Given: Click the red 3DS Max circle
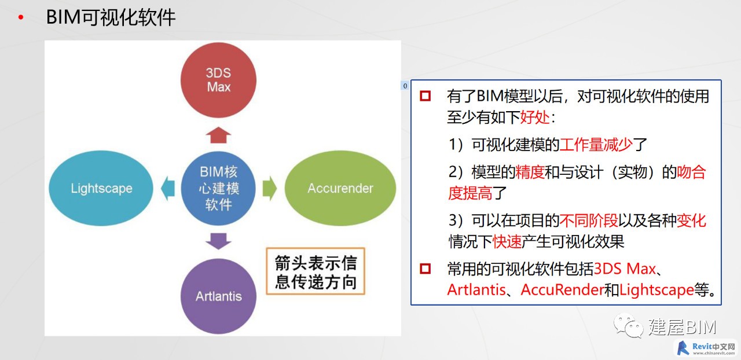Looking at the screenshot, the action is pyautogui.click(x=218, y=80).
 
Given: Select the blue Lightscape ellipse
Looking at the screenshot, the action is pyautogui.click(x=101, y=188).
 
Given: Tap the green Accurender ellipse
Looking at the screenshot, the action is pyautogui.click(x=340, y=188).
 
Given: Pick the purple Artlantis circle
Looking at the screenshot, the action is pyautogui.click(x=218, y=296).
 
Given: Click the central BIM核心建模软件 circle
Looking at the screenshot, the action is pyautogui.click(x=218, y=188).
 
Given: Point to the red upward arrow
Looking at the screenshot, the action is pyautogui.click(x=218, y=135).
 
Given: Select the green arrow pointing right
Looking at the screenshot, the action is pyautogui.click(x=270, y=188).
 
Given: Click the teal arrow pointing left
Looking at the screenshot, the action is pyautogui.click(x=168, y=188).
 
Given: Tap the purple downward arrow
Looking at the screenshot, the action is pyautogui.click(x=218, y=241).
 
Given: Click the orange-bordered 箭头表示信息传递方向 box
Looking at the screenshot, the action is pyautogui.click(x=316, y=271).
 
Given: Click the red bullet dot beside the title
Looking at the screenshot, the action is pyautogui.click(x=21, y=17).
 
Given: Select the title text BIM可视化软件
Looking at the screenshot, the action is pyautogui.click(x=111, y=17).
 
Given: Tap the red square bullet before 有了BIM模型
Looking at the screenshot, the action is pyautogui.click(x=425, y=96).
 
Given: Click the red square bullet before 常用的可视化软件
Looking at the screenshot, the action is pyautogui.click(x=425, y=269).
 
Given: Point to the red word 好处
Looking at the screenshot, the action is pyautogui.click(x=535, y=117).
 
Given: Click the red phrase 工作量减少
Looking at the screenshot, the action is pyautogui.click(x=596, y=145).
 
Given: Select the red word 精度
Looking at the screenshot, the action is pyautogui.click(x=530, y=172).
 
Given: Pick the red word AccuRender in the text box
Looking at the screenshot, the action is pyautogui.click(x=562, y=290).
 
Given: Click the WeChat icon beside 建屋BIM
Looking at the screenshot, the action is pyautogui.click(x=629, y=326).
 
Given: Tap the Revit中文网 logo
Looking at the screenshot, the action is pyautogui.click(x=706, y=348).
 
